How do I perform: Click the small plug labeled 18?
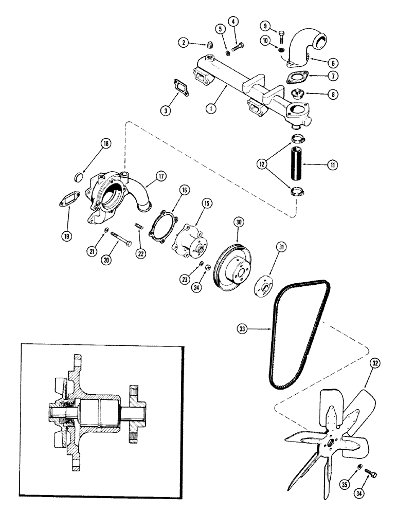(79, 177)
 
